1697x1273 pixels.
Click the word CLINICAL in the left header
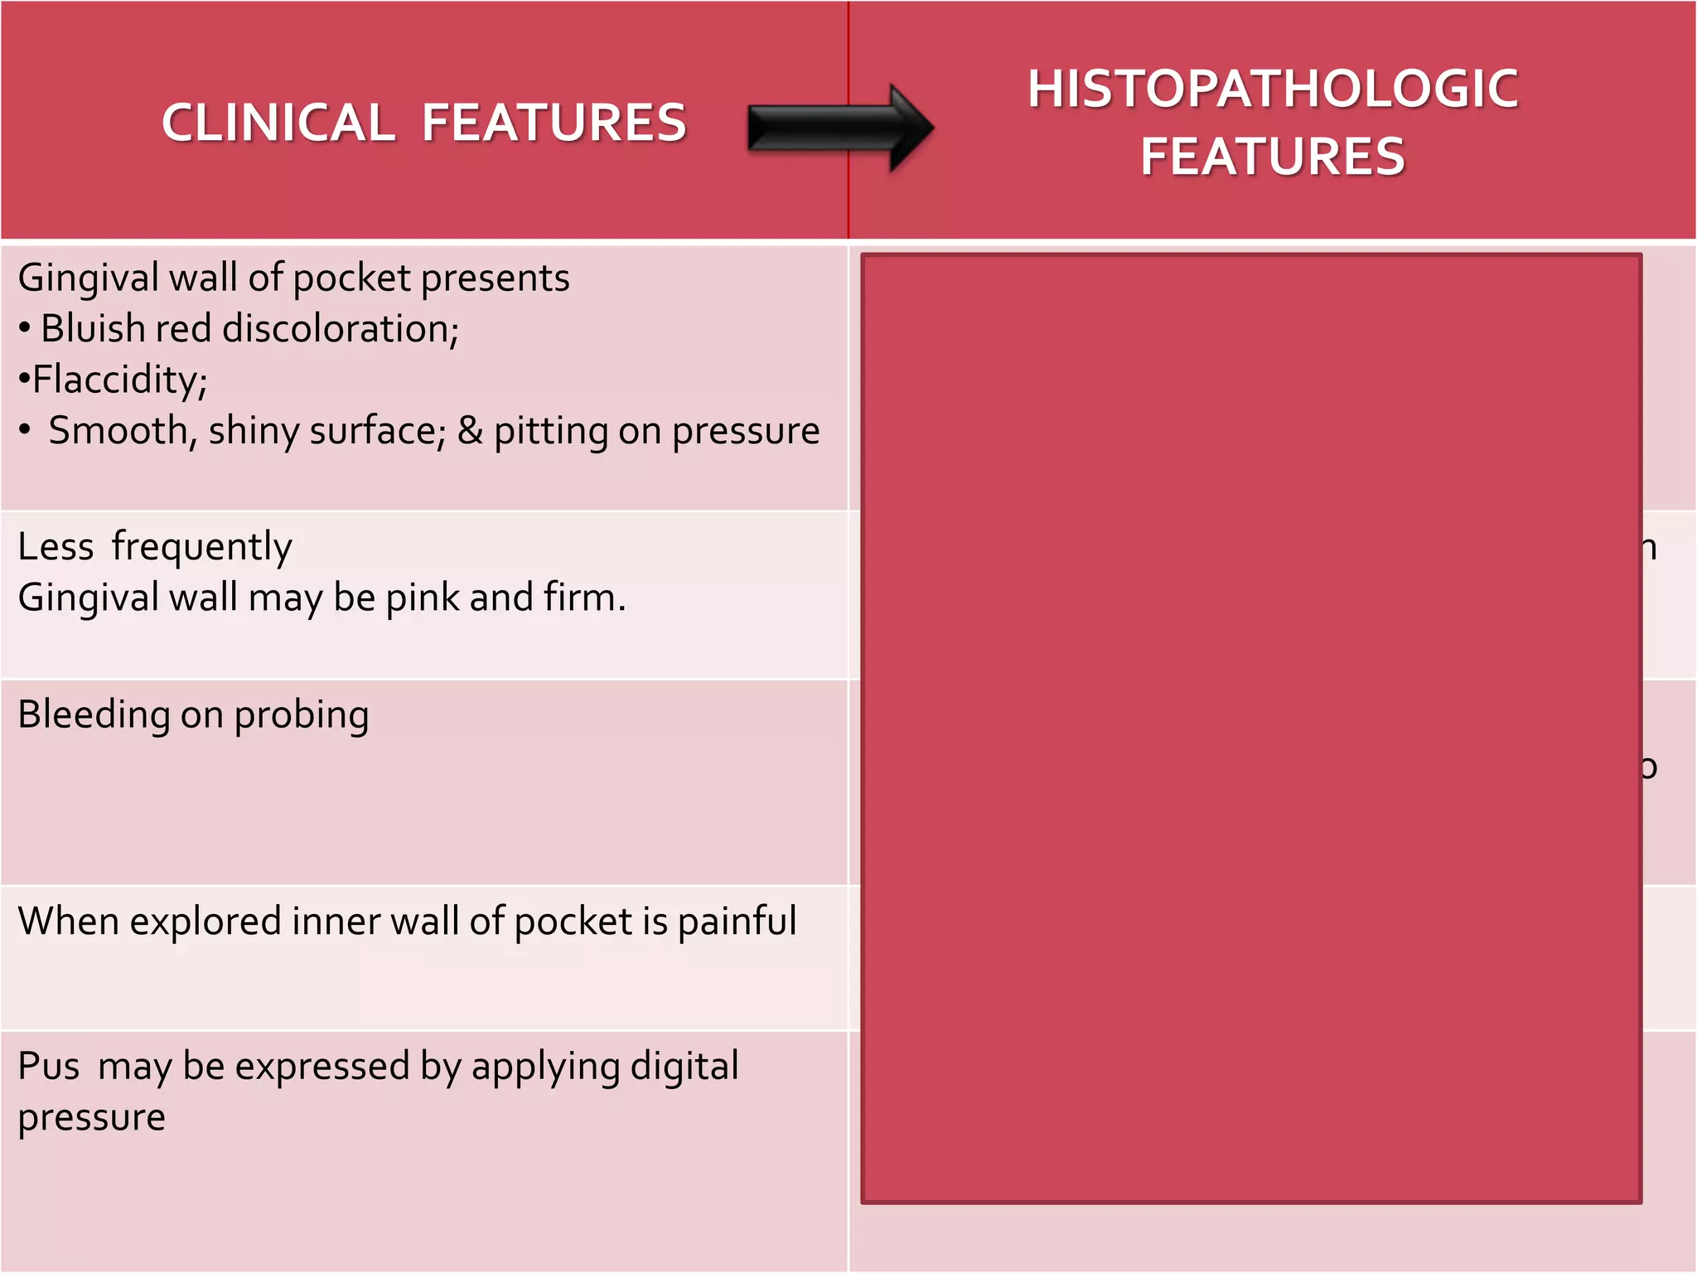(x=278, y=123)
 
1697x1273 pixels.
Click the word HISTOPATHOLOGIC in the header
(x=1273, y=89)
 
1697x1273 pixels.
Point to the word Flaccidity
(x=118, y=380)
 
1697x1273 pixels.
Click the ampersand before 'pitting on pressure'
(x=470, y=430)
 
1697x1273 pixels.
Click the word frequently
(x=201, y=547)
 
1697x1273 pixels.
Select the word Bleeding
(x=94, y=715)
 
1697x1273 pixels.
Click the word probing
(x=301, y=715)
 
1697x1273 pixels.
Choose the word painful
(x=737, y=922)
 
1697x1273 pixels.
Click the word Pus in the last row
(x=49, y=1067)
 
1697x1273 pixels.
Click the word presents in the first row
(x=495, y=278)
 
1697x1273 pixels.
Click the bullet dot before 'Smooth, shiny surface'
(x=26, y=430)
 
